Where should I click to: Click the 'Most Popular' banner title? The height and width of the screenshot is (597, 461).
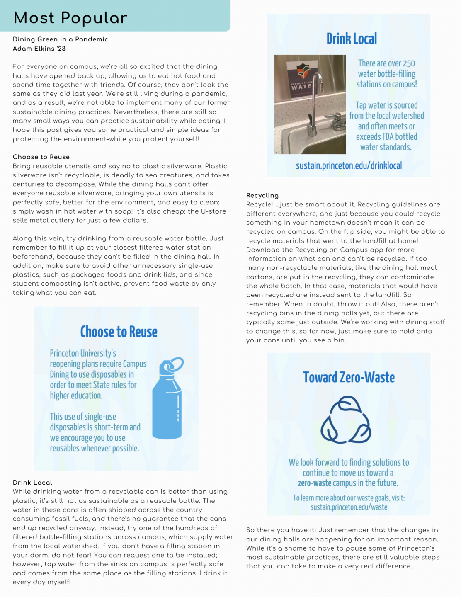tap(70, 18)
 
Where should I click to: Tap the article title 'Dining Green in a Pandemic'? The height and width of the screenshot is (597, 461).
tap(61, 39)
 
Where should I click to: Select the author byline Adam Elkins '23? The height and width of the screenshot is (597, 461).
tap(39, 49)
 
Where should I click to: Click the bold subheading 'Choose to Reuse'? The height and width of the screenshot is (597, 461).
tap(41, 157)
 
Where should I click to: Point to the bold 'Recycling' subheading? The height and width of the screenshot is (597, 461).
tap(262, 195)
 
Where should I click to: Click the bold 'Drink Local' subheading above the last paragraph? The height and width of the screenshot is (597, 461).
tap(32, 483)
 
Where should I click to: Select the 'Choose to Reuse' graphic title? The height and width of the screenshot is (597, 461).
tap(119, 332)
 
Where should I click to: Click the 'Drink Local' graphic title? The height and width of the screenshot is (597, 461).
tap(352, 39)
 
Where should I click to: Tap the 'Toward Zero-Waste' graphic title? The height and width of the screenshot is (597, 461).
tap(349, 377)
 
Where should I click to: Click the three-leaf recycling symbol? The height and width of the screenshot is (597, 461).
tap(346, 420)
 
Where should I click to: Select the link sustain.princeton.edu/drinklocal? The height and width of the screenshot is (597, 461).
tap(349, 166)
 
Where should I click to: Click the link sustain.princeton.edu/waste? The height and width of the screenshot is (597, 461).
tap(349, 507)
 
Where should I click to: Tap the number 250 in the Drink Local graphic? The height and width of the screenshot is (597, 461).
tap(408, 63)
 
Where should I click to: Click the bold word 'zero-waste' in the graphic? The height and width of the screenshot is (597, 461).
tap(315, 483)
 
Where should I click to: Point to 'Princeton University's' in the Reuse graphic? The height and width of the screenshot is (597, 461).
tap(83, 353)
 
